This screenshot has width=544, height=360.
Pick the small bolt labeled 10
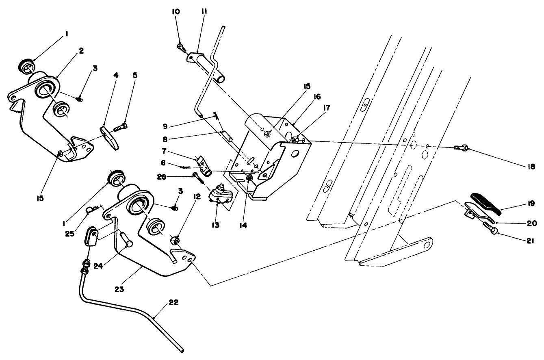180,48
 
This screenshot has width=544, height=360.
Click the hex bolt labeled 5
120,128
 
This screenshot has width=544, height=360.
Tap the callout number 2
81,51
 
